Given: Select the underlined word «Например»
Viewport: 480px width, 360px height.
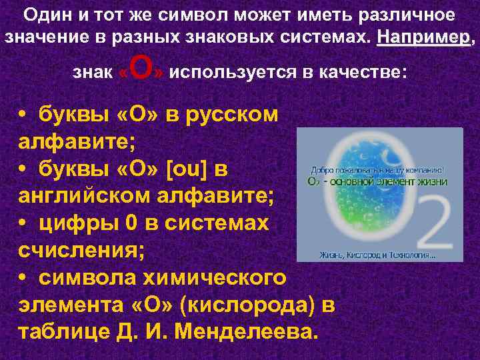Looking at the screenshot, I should [x=423, y=35].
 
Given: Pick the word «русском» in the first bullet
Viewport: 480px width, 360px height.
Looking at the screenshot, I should [x=231, y=114].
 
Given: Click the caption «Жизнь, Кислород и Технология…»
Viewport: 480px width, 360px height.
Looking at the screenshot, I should [x=378, y=253].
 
